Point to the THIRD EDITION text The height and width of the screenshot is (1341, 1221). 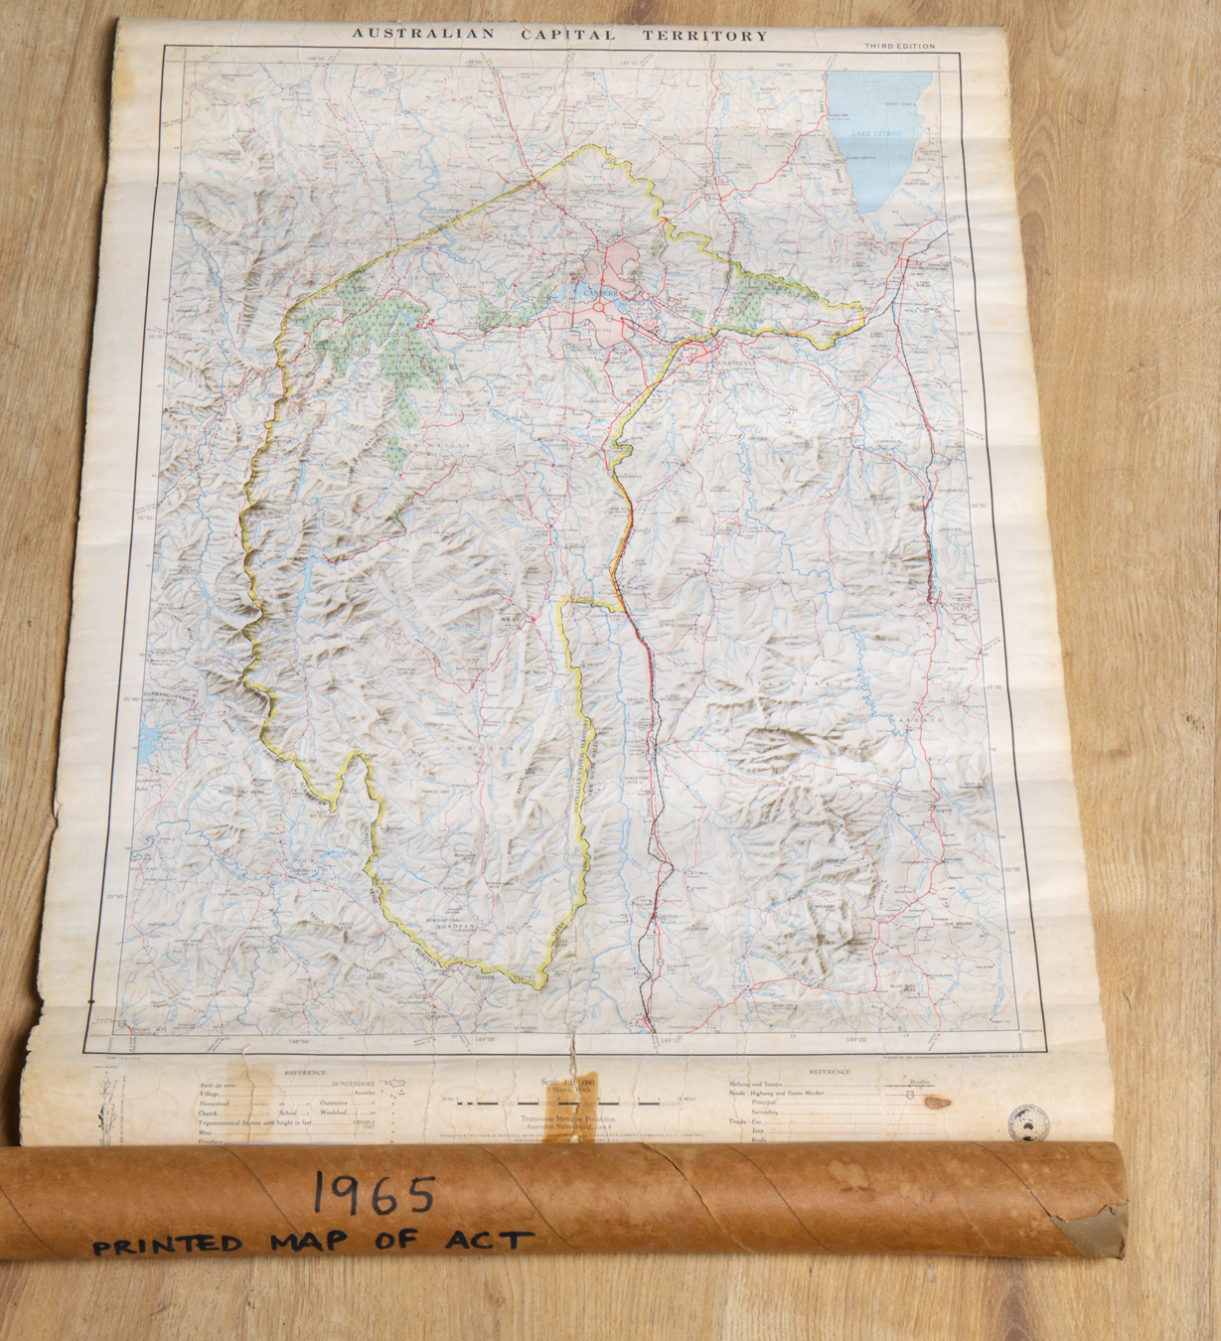pos(899,47)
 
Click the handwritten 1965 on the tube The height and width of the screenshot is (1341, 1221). pos(375,1193)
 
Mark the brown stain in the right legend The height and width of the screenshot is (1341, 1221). pos(935,1102)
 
